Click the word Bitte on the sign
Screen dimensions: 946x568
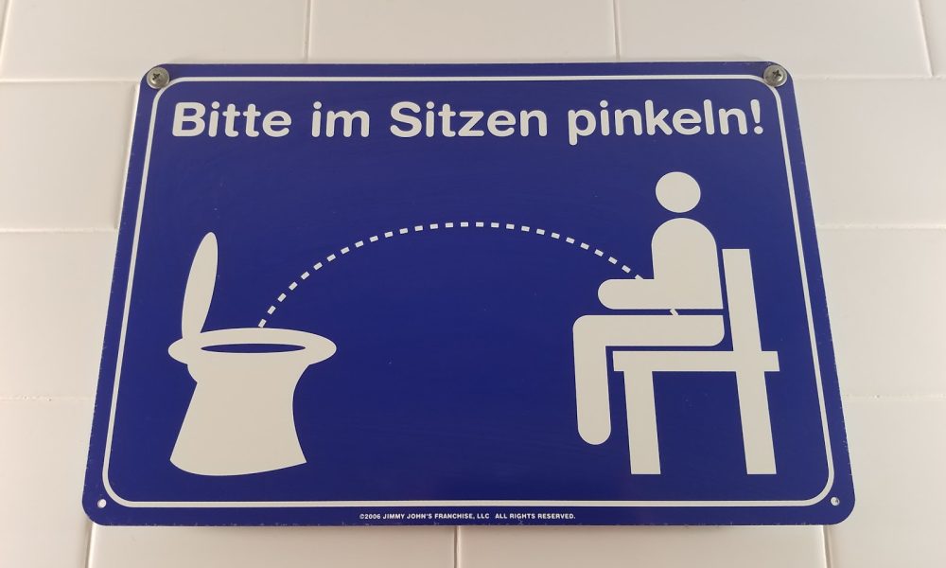pos(231,119)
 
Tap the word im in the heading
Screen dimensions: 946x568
pos(341,119)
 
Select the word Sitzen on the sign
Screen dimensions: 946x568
pos(468,119)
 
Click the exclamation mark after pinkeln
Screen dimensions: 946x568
pos(757,117)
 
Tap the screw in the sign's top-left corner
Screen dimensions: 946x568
pos(158,78)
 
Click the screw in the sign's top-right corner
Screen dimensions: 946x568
pos(775,76)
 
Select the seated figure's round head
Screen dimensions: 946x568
pos(677,192)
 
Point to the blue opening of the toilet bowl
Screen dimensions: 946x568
pos(253,348)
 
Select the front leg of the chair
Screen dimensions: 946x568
pos(642,421)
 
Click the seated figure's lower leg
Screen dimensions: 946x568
pos(591,386)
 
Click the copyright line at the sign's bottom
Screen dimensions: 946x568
pos(467,516)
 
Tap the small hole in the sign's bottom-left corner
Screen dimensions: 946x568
pos(101,504)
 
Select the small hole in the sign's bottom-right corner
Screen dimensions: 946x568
pos(834,501)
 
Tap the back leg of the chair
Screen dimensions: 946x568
pos(759,421)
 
